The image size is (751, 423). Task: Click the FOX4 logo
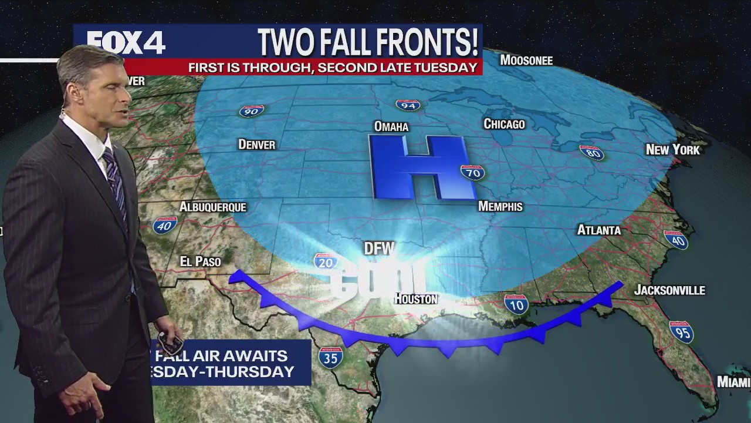[126, 42]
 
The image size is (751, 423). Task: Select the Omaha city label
[391, 126]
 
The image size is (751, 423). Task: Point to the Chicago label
[504, 124]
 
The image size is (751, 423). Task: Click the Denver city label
[256, 145]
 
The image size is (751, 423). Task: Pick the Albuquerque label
[212, 207]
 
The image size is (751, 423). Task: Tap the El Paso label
[200, 261]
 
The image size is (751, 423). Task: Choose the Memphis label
[500, 206]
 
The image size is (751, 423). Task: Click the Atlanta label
[598, 230]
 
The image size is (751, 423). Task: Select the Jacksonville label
[669, 290]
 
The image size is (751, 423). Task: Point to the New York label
[672, 150]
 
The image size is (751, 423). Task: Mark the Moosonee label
[526, 61]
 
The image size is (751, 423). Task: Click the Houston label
[415, 299]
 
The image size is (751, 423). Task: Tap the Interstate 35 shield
[331, 357]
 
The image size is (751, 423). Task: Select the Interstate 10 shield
[516, 304]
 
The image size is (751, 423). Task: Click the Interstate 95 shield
[681, 332]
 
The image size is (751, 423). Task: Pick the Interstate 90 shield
[252, 110]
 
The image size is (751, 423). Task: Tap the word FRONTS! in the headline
[429, 42]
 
